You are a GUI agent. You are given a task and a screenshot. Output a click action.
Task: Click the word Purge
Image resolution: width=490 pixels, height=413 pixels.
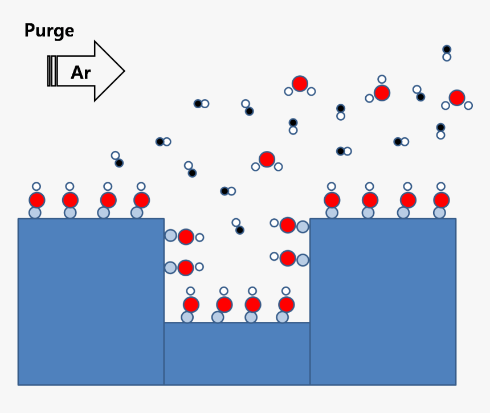pyautogui.click(x=49, y=31)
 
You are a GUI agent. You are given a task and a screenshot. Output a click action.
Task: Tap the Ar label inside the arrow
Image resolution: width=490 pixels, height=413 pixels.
pyautogui.click(x=80, y=72)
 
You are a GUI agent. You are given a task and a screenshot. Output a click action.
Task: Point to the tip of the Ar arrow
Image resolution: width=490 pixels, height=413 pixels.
pyautogui.click(x=122, y=71)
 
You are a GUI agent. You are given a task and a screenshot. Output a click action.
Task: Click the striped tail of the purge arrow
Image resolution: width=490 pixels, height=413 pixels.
pyautogui.click(x=52, y=71)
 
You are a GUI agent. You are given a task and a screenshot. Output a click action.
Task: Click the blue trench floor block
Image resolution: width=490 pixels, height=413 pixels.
pyautogui.click(x=236, y=353)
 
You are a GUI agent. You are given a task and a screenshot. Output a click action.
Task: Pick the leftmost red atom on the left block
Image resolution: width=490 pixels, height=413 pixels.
pyautogui.click(x=37, y=200)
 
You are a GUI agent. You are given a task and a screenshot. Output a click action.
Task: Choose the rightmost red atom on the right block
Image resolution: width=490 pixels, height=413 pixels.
pyautogui.click(x=441, y=200)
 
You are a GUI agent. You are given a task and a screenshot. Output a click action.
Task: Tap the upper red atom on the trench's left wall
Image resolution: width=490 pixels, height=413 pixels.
pyautogui.click(x=186, y=237)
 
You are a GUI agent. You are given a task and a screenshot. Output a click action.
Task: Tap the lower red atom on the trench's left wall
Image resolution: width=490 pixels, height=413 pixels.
pyautogui.click(x=186, y=267)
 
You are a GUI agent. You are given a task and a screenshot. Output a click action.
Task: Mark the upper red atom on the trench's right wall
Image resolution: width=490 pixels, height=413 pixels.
pyautogui.click(x=288, y=225)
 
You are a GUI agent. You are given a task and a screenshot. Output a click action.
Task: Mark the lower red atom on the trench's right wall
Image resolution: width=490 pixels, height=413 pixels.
pyautogui.click(x=288, y=258)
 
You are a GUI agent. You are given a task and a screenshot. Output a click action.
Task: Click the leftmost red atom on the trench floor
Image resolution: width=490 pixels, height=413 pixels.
pyautogui.click(x=191, y=305)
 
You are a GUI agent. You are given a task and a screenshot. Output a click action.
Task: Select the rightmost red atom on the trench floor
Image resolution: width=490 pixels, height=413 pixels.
pyautogui.click(x=287, y=305)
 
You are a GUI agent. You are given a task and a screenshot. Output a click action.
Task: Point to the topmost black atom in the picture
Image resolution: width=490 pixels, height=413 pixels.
pyautogui.click(x=447, y=50)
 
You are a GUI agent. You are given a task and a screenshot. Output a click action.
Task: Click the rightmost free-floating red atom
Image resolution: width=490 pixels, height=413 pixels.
pyautogui.click(x=456, y=98)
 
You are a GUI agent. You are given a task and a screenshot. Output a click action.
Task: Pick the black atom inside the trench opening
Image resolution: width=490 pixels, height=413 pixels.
pyautogui.click(x=240, y=230)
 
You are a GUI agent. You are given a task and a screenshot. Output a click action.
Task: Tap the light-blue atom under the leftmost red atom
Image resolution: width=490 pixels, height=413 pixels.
pyautogui.click(x=35, y=212)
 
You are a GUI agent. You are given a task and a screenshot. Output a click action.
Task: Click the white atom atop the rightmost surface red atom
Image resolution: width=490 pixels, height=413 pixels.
pyautogui.click(x=440, y=186)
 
